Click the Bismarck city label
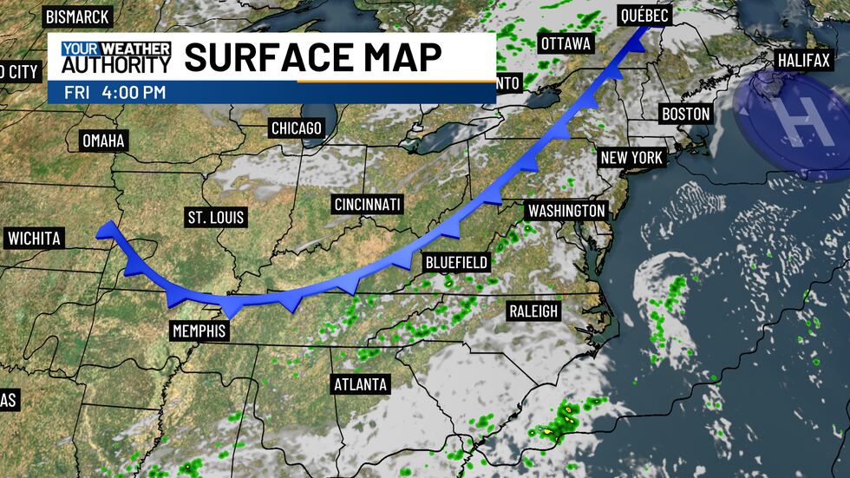point(76,16)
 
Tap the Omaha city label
point(103,141)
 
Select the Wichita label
point(35,238)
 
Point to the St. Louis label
point(216,216)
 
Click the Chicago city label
point(296,128)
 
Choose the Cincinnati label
point(367,204)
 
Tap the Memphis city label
point(199,331)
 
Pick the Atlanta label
point(360,383)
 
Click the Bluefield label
point(456,262)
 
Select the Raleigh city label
point(533,311)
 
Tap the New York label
point(631,158)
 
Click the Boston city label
point(685,114)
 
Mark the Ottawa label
point(566,43)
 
